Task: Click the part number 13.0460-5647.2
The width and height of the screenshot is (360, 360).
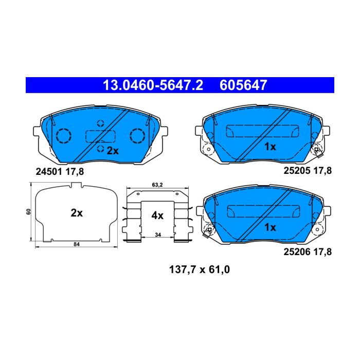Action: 153,85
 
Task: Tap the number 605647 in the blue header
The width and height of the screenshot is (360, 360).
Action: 243,85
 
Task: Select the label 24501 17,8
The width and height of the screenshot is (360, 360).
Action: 60,172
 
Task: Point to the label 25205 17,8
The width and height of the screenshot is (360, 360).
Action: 308,171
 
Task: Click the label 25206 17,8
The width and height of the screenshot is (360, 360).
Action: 308,252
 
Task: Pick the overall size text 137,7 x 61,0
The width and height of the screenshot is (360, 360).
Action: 200,269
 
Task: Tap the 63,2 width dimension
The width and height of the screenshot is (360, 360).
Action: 157,185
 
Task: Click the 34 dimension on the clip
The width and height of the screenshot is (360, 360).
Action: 158,235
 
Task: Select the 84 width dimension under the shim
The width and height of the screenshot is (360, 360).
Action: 77,244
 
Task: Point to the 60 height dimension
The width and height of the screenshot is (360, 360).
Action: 29,212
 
